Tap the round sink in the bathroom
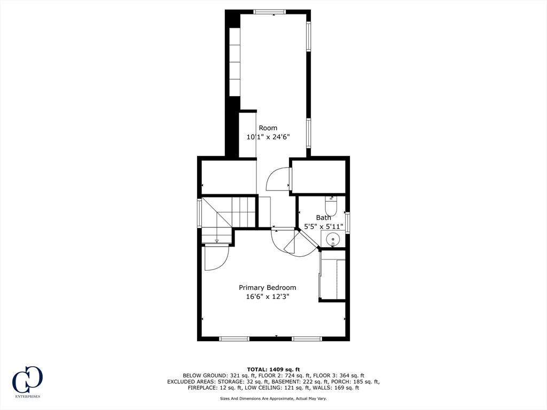[333, 240]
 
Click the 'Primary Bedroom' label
[267, 288]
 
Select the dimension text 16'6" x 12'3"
[268, 297]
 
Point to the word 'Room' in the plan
[268, 128]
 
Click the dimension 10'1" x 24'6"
[268, 137]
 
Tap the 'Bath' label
[323, 218]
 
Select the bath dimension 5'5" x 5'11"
[323, 226]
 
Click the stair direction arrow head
[217, 241]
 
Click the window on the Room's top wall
[270, 12]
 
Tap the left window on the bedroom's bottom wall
[235, 338]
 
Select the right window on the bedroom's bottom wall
[307, 338]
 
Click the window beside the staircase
[200, 212]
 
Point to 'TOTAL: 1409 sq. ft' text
[273, 369]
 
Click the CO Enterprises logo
[27, 382]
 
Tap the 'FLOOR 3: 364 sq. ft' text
[338, 375]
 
